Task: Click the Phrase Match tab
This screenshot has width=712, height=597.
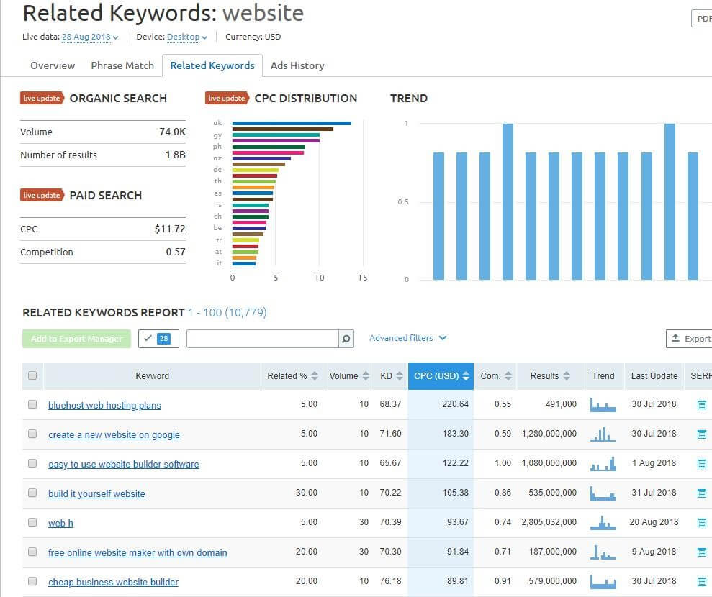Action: [122, 65]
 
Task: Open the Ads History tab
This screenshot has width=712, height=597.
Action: [297, 65]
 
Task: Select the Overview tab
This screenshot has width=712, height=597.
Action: [53, 65]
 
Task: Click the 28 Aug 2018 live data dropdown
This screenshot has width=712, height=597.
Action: [90, 37]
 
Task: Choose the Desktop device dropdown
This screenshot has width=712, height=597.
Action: [186, 37]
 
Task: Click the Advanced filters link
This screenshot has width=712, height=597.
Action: [407, 338]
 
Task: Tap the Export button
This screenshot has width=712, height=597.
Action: [690, 338]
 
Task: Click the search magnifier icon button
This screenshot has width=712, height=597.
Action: [346, 339]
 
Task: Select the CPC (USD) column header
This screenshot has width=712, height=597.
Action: [440, 375]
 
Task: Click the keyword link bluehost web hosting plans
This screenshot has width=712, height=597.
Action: [104, 405]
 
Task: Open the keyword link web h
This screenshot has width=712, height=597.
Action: [60, 523]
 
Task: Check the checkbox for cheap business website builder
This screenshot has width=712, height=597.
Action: [32, 581]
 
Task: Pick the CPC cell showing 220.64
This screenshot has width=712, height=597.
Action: [455, 404]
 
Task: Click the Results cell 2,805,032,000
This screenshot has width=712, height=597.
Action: [549, 522]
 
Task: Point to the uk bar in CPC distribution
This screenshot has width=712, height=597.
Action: [292, 123]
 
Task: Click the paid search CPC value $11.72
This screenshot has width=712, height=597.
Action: [170, 229]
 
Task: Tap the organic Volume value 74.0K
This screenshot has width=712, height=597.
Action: [172, 132]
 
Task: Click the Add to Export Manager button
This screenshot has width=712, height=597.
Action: [76, 339]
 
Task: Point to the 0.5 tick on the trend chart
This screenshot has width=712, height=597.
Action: [402, 202]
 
